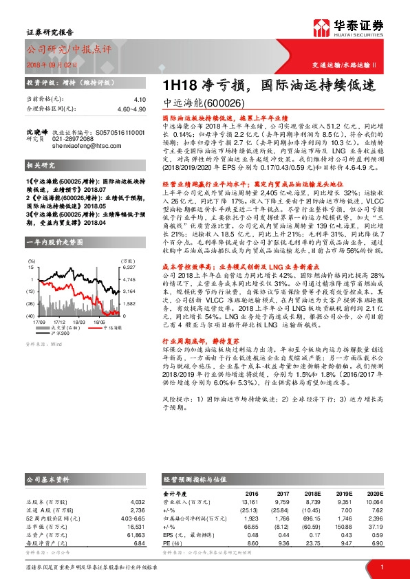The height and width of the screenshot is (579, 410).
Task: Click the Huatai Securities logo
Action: pos(349,28)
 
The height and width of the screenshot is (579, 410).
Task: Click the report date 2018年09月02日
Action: pos(47,63)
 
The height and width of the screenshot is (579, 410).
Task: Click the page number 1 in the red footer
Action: pos(381,566)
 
